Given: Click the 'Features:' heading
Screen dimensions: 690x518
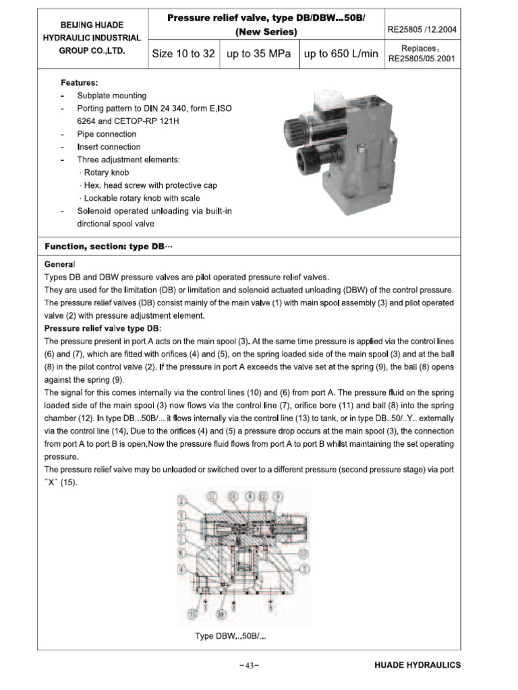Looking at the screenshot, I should (x=80, y=82).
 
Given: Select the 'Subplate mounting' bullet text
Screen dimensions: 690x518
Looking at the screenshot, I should (x=111, y=96).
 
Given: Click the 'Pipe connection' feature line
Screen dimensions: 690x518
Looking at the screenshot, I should (x=107, y=134).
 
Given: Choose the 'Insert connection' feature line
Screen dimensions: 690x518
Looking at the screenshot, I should (x=109, y=147).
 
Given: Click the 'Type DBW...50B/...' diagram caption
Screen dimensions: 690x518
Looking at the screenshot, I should (x=230, y=636).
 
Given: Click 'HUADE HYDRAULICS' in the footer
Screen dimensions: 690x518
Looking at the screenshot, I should (x=418, y=665).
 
